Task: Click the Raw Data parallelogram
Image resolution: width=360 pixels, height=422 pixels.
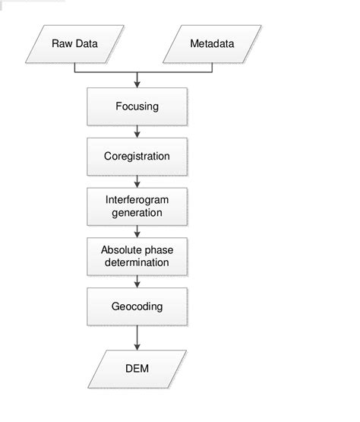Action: tap(74, 43)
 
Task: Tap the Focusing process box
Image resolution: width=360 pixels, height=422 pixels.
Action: tap(137, 106)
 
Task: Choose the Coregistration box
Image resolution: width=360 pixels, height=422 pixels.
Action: tap(137, 157)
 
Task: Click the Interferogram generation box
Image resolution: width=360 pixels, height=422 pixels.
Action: tap(137, 207)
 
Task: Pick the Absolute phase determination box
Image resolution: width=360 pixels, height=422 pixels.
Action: tap(137, 257)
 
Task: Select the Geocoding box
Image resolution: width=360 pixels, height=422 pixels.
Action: tap(137, 307)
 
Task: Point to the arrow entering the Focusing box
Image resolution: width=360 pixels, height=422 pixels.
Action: tap(137, 81)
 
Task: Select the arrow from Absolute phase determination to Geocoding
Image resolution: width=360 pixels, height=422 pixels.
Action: tap(137, 283)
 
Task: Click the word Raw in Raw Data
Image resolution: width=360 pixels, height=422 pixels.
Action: tap(62, 43)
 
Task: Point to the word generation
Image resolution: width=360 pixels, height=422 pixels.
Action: tap(137, 213)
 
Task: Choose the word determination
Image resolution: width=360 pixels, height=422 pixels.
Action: tap(137, 263)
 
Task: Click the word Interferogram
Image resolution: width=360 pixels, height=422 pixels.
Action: tap(137, 201)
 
